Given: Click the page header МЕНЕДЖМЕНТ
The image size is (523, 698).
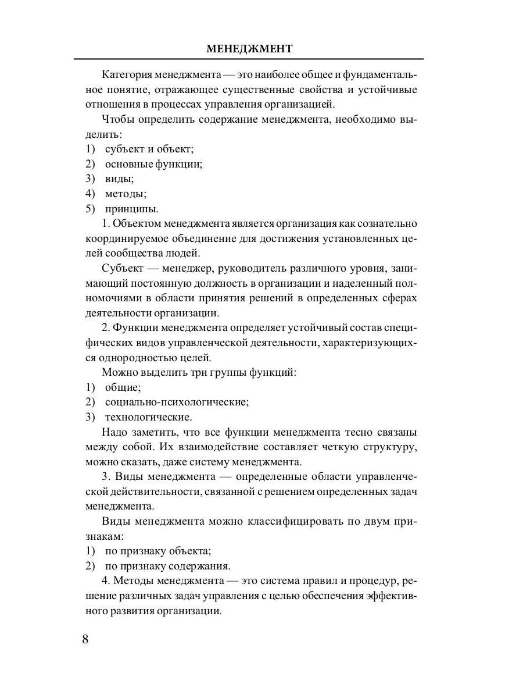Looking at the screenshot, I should pyautogui.click(x=249, y=49).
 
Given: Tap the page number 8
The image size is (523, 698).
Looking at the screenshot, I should pyautogui.click(x=85, y=639).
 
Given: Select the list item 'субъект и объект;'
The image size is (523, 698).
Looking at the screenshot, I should pyautogui.click(x=149, y=148).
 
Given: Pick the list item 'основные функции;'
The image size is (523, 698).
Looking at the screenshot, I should pyautogui.click(x=153, y=163).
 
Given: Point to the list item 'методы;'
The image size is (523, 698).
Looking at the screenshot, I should pyautogui.click(x=126, y=194).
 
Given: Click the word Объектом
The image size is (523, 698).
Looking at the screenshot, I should pyautogui.click(x=138, y=224).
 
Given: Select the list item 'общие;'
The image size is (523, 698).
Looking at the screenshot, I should pyautogui.click(x=123, y=387).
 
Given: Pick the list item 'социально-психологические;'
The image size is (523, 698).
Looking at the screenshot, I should pyautogui.click(x=177, y=402).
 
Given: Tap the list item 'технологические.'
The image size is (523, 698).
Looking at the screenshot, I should pyautogui.click(x=148, y=417).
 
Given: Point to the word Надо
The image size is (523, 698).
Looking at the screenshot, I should pyautogui.click(x=114, y=432).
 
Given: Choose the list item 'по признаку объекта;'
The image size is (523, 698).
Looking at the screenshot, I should pyautogui.click(x=157, y=550).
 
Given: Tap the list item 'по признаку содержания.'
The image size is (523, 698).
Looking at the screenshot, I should pyautogui.click(x=167, y=565).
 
